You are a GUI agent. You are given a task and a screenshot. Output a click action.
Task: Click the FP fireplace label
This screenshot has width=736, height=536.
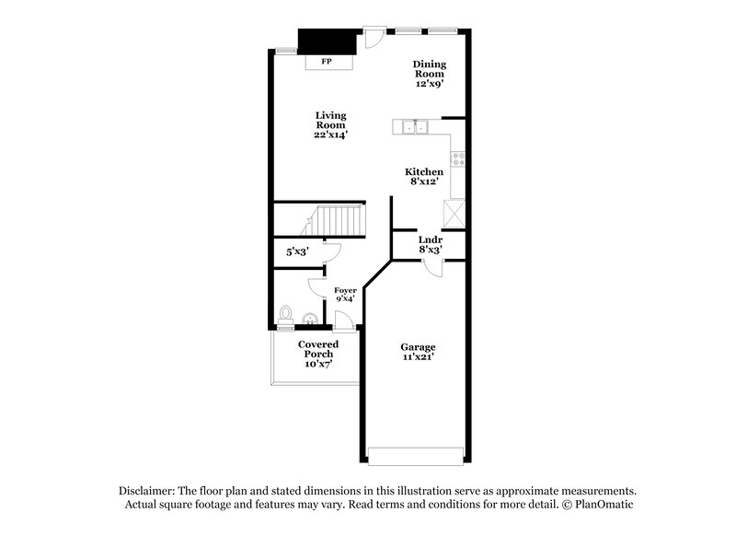[x=326, y=63]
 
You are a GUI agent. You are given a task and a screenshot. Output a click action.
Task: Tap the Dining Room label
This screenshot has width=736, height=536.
[x=429, y=69]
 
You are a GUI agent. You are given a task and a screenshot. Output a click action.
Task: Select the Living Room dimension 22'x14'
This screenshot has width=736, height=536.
[x=330, y=134]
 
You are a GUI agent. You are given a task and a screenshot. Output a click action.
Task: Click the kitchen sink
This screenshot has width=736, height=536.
[x=410, y=127]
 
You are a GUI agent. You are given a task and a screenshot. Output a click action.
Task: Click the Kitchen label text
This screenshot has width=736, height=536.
[x=424, y=172]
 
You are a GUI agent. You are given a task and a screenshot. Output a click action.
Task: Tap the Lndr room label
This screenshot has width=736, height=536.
[x=431, y=239]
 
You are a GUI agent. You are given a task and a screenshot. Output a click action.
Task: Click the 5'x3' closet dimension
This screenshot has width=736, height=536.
[x=296, y=251]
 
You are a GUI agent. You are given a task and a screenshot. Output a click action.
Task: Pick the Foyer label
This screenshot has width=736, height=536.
[x=345, y=290]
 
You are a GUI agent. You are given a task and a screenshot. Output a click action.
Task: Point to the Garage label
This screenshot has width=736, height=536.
[x=418, y=347]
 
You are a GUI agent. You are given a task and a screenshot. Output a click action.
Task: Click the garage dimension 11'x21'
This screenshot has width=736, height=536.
[x=418, y=357]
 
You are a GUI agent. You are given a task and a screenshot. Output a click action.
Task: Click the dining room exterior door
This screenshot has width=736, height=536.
[x=374, y=37]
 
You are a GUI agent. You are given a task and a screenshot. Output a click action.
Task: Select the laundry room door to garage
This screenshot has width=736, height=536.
[x=434, y=266]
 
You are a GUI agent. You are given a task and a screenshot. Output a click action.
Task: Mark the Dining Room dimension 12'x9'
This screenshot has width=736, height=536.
[x=429, y=84]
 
